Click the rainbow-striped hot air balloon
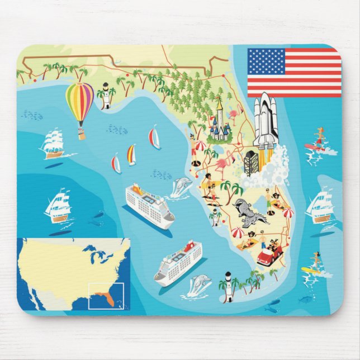pyautogui.click(x=80, y=103)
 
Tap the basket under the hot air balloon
pyautogui.click(x=82, y=134)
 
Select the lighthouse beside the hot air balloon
pyautogui.click(x=105, y=96)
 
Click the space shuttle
pyautogui.click(x=264, y=124)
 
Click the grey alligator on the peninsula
pyautogui.click(x=247, y=212)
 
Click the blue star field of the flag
pyautogui.click(x=266, y=61)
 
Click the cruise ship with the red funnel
pyautogui.click(x=178, y=262)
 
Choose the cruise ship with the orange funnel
pyautogui.click(x=149, y=204)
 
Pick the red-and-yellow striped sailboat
pyautogui.click(x=131, y=155)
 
